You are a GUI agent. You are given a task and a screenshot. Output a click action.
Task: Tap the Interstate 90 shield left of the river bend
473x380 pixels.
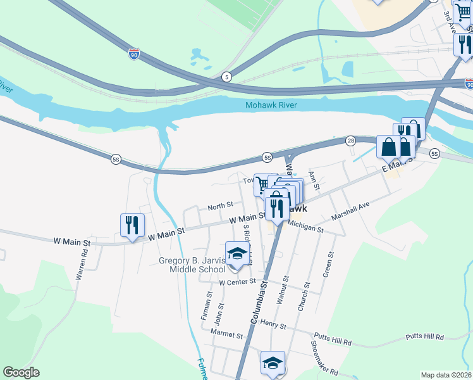[133, 55]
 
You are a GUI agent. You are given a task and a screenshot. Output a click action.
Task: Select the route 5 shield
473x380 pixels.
[226, 77]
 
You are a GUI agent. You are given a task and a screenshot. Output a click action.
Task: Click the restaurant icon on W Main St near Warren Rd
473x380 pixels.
[132, 225]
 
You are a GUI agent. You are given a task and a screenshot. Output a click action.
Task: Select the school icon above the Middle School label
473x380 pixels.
[237, 253]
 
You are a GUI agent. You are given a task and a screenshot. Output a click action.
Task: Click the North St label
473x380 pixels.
[221, 205]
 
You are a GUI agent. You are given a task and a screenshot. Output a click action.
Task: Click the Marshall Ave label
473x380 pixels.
[350, 212]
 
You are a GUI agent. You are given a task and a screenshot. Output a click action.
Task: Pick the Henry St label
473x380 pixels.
[273, 326]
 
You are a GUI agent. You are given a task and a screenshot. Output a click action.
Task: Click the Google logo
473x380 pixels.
[21, 372]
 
